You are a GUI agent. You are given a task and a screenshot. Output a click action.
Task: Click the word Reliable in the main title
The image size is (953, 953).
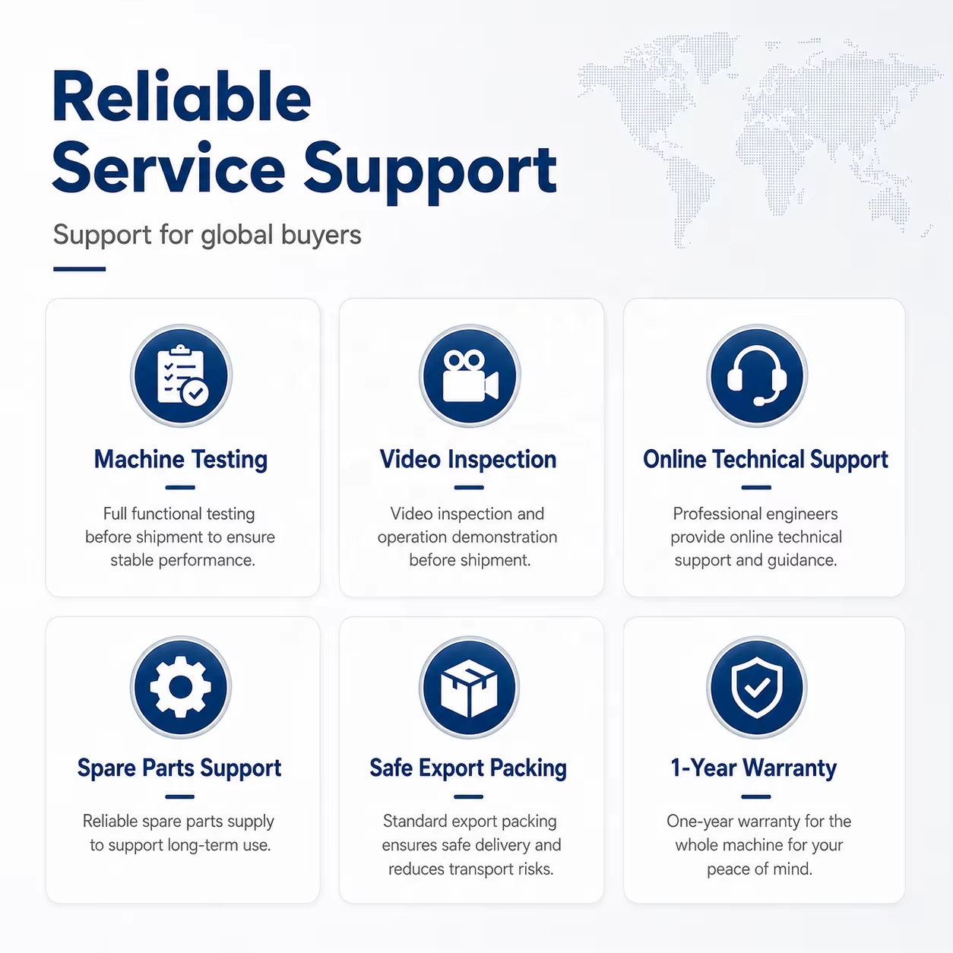182,97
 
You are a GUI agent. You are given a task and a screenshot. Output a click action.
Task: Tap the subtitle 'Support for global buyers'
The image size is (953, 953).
207,235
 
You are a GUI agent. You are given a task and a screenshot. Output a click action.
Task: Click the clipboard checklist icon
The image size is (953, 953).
182,376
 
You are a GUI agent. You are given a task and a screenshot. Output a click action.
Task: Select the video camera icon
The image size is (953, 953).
470,376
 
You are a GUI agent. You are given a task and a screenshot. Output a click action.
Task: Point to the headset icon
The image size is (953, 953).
757,376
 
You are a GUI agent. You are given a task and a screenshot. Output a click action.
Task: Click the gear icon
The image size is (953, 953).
181,687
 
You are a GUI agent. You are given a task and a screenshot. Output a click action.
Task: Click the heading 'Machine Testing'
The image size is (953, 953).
181,460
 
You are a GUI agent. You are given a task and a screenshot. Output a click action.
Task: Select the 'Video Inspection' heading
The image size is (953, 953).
468,460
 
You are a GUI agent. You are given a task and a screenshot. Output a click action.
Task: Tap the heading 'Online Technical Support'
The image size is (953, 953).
765,460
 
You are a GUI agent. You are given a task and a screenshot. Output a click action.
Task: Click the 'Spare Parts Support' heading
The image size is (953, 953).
179,768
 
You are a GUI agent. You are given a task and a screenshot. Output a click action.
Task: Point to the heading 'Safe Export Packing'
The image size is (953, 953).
468,768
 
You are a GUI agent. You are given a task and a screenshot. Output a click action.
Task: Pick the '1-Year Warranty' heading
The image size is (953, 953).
754,768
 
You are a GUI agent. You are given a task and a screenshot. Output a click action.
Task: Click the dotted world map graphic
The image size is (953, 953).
759,138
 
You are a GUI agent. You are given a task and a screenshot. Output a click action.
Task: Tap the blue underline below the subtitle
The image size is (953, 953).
80,269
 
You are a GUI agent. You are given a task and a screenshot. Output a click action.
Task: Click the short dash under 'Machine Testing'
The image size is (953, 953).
180,488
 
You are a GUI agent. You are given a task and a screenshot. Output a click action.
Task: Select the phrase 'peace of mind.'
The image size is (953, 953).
759,869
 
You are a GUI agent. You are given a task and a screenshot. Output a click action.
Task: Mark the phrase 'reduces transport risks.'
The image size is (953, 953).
470,869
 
